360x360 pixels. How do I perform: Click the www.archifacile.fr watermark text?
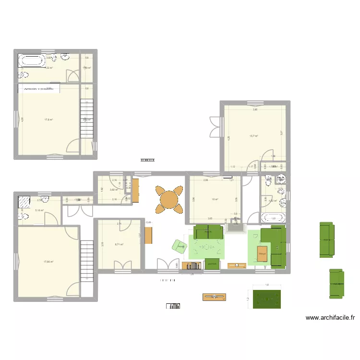click(330, 317)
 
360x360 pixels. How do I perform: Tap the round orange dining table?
click(169, 199)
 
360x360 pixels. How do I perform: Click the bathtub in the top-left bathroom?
click(32, 61)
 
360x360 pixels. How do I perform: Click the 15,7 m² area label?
click(254, 136)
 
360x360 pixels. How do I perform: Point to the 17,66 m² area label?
click(48, 262)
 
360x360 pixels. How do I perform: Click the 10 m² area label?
click(215, 200)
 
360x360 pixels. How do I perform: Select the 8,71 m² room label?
click(119, 244)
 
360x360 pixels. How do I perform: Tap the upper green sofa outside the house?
click(326, 239)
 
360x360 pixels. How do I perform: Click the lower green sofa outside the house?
click(336, 283)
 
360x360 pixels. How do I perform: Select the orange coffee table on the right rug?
click(262, 253)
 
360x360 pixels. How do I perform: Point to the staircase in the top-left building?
click(86, 118)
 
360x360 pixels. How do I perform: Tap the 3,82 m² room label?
click(114, 190)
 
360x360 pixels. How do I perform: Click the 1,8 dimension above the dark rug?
click(267, 286)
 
